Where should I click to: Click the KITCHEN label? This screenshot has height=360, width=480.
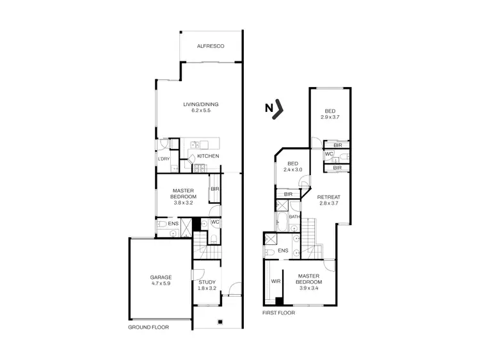pyautogui.click(x=208, y=157)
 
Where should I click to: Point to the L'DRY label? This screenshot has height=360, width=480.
pyautogui.click(x=163, y=159)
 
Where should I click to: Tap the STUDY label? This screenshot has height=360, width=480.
pyautogui.click(x=207, y=282)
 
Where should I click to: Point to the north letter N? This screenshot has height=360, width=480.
pyautogui.click(x=269, y=109)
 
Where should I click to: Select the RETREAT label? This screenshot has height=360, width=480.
pyautogui.click(x=328, y=197)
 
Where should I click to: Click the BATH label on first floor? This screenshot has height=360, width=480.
pyautogui.click(x=294, y=217)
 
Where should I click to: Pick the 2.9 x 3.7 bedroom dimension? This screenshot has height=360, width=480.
pyautogui.click(x=330, y=117)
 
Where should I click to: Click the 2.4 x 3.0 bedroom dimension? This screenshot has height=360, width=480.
pyautogui.click(x=294, y=169)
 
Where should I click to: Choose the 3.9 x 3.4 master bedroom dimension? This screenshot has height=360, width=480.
pyautogui.click(x=309, y=288)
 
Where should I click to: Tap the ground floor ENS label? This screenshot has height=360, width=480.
pyautogui.click(x=173, y=224)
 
